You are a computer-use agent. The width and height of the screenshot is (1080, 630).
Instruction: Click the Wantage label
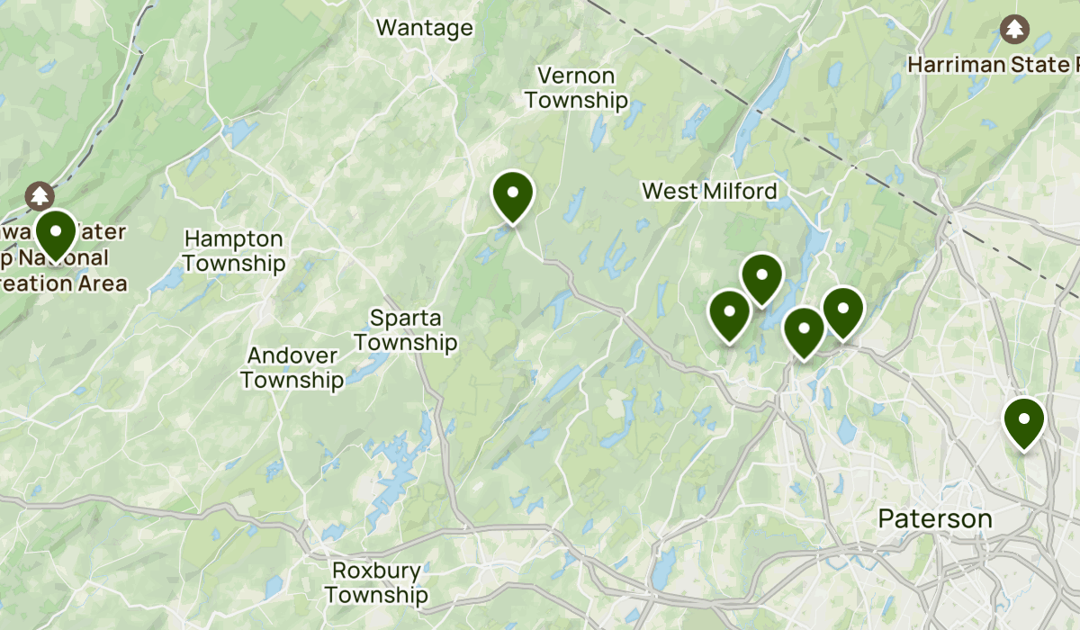point(424,28)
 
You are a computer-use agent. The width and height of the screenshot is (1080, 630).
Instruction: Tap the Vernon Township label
point(576,87)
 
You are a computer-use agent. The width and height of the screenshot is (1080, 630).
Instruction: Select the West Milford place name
point(709,191)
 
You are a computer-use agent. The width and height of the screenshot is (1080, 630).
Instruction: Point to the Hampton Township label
point(234,251)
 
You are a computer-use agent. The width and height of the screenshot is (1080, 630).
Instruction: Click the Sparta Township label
point(406,330)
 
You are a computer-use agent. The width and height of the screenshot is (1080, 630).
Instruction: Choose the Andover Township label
point(292,368)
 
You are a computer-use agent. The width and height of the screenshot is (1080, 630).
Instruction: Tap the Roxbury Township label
point(376,582)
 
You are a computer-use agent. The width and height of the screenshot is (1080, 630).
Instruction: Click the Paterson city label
point(935,518)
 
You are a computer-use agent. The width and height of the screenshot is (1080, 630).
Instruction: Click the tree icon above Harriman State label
point(1015,29)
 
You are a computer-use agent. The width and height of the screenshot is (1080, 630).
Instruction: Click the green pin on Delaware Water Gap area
point(56,232)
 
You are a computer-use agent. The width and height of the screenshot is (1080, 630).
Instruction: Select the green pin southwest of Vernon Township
point(513,194)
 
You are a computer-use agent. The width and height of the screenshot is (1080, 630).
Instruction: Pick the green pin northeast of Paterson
point(1023,421)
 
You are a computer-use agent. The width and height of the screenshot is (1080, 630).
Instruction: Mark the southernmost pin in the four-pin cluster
point(804,330)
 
